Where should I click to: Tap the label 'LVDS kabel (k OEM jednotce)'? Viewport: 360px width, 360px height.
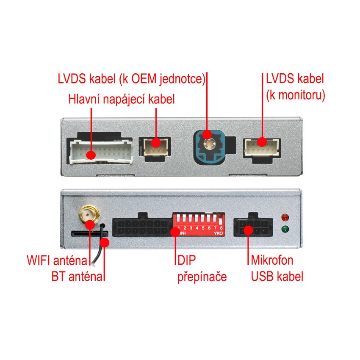click(x=132, y=79)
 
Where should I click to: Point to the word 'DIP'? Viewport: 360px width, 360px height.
click(x=186, y=259)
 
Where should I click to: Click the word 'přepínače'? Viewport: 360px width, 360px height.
click(x=202, y=277)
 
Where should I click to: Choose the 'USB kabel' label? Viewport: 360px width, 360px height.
click(x=277, y=277)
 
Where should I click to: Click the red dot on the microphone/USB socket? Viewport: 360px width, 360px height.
click(x=249, y=231)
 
